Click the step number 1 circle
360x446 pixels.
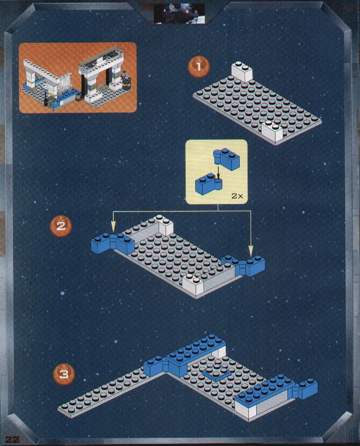coord(198,67)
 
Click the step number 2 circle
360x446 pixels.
coord(61,226)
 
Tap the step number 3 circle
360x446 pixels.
coord(64,374)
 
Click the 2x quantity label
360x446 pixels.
coord(238,196)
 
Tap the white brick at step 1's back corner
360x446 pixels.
coord(242,71)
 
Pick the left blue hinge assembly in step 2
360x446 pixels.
coord(113,243)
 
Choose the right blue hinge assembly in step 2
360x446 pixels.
coord(243,266)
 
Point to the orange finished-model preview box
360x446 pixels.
coord(78,77)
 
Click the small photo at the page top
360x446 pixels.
coord(179,13)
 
